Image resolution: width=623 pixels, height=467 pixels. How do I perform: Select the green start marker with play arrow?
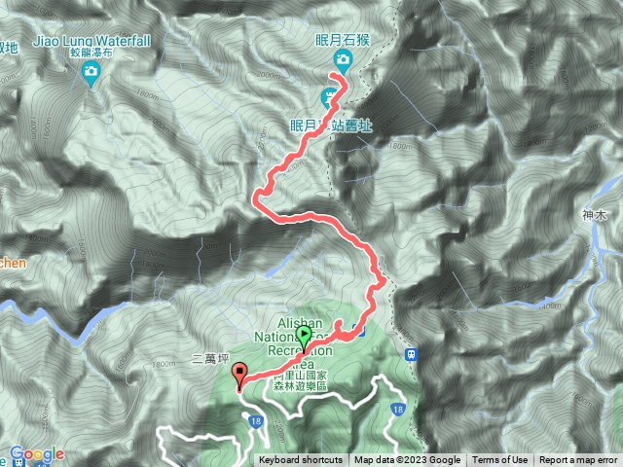click(x=305, y=337)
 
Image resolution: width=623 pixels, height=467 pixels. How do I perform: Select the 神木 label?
click(x=594, y=215)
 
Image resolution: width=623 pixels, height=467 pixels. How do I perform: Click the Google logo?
click(x=37, y=453)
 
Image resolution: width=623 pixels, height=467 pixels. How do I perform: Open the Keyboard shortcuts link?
click(x=300, y=460)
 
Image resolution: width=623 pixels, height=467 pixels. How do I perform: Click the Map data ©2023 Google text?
click(x=408, y=460)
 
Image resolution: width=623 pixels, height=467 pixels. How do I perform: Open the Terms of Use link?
click(x=500, y=460)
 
